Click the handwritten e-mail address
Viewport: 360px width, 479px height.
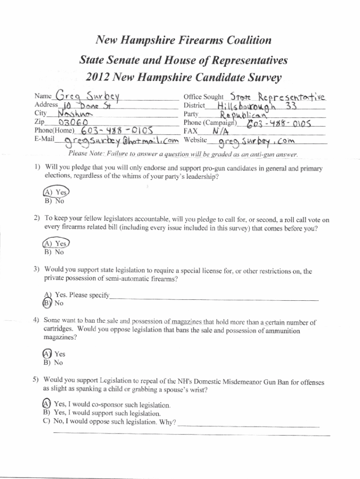tap(117, 140)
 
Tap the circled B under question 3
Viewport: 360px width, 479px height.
tap(47, 303)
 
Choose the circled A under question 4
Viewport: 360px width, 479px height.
tap(47, 353)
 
